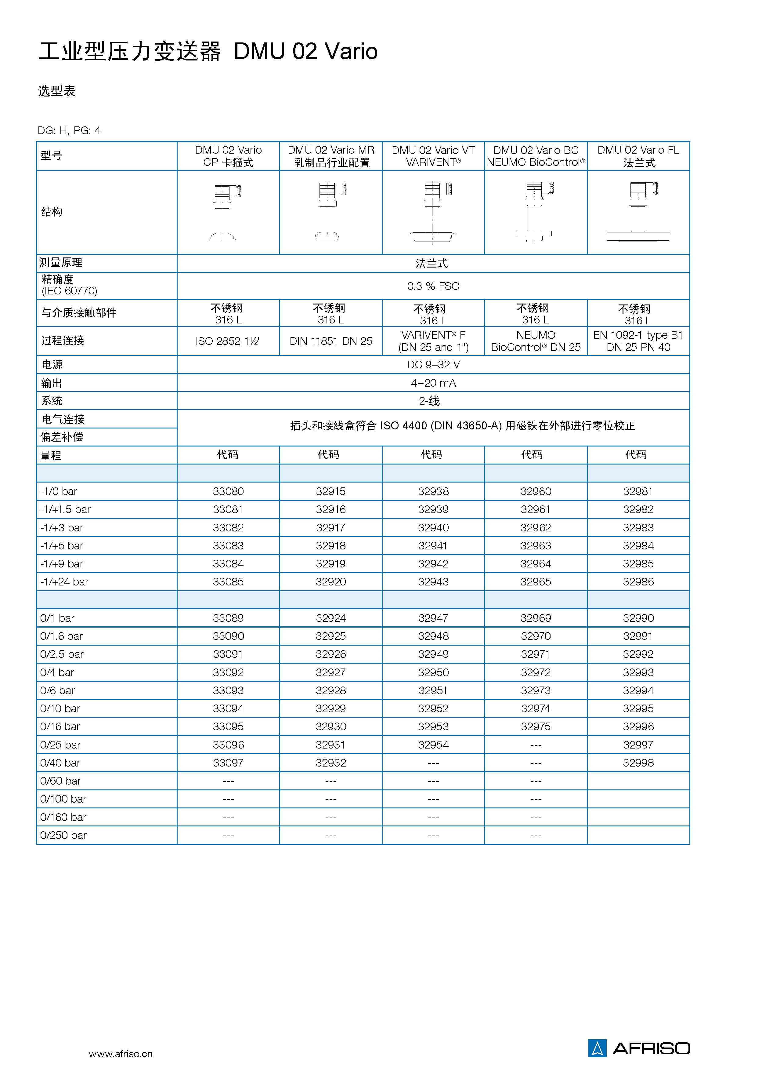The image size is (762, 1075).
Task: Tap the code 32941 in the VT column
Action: (x=433, y=545)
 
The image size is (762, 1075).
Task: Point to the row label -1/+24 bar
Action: (x=64, y=581)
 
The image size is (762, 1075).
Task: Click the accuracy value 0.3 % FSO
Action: (x=433, y=286)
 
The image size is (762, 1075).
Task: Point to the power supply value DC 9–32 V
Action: (x=433, y=364)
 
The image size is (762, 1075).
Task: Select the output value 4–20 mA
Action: (x=433, y=383)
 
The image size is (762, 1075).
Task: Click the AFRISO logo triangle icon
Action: (x=597, y=1048)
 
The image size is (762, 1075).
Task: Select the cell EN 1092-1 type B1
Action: (x=638, y=335)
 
